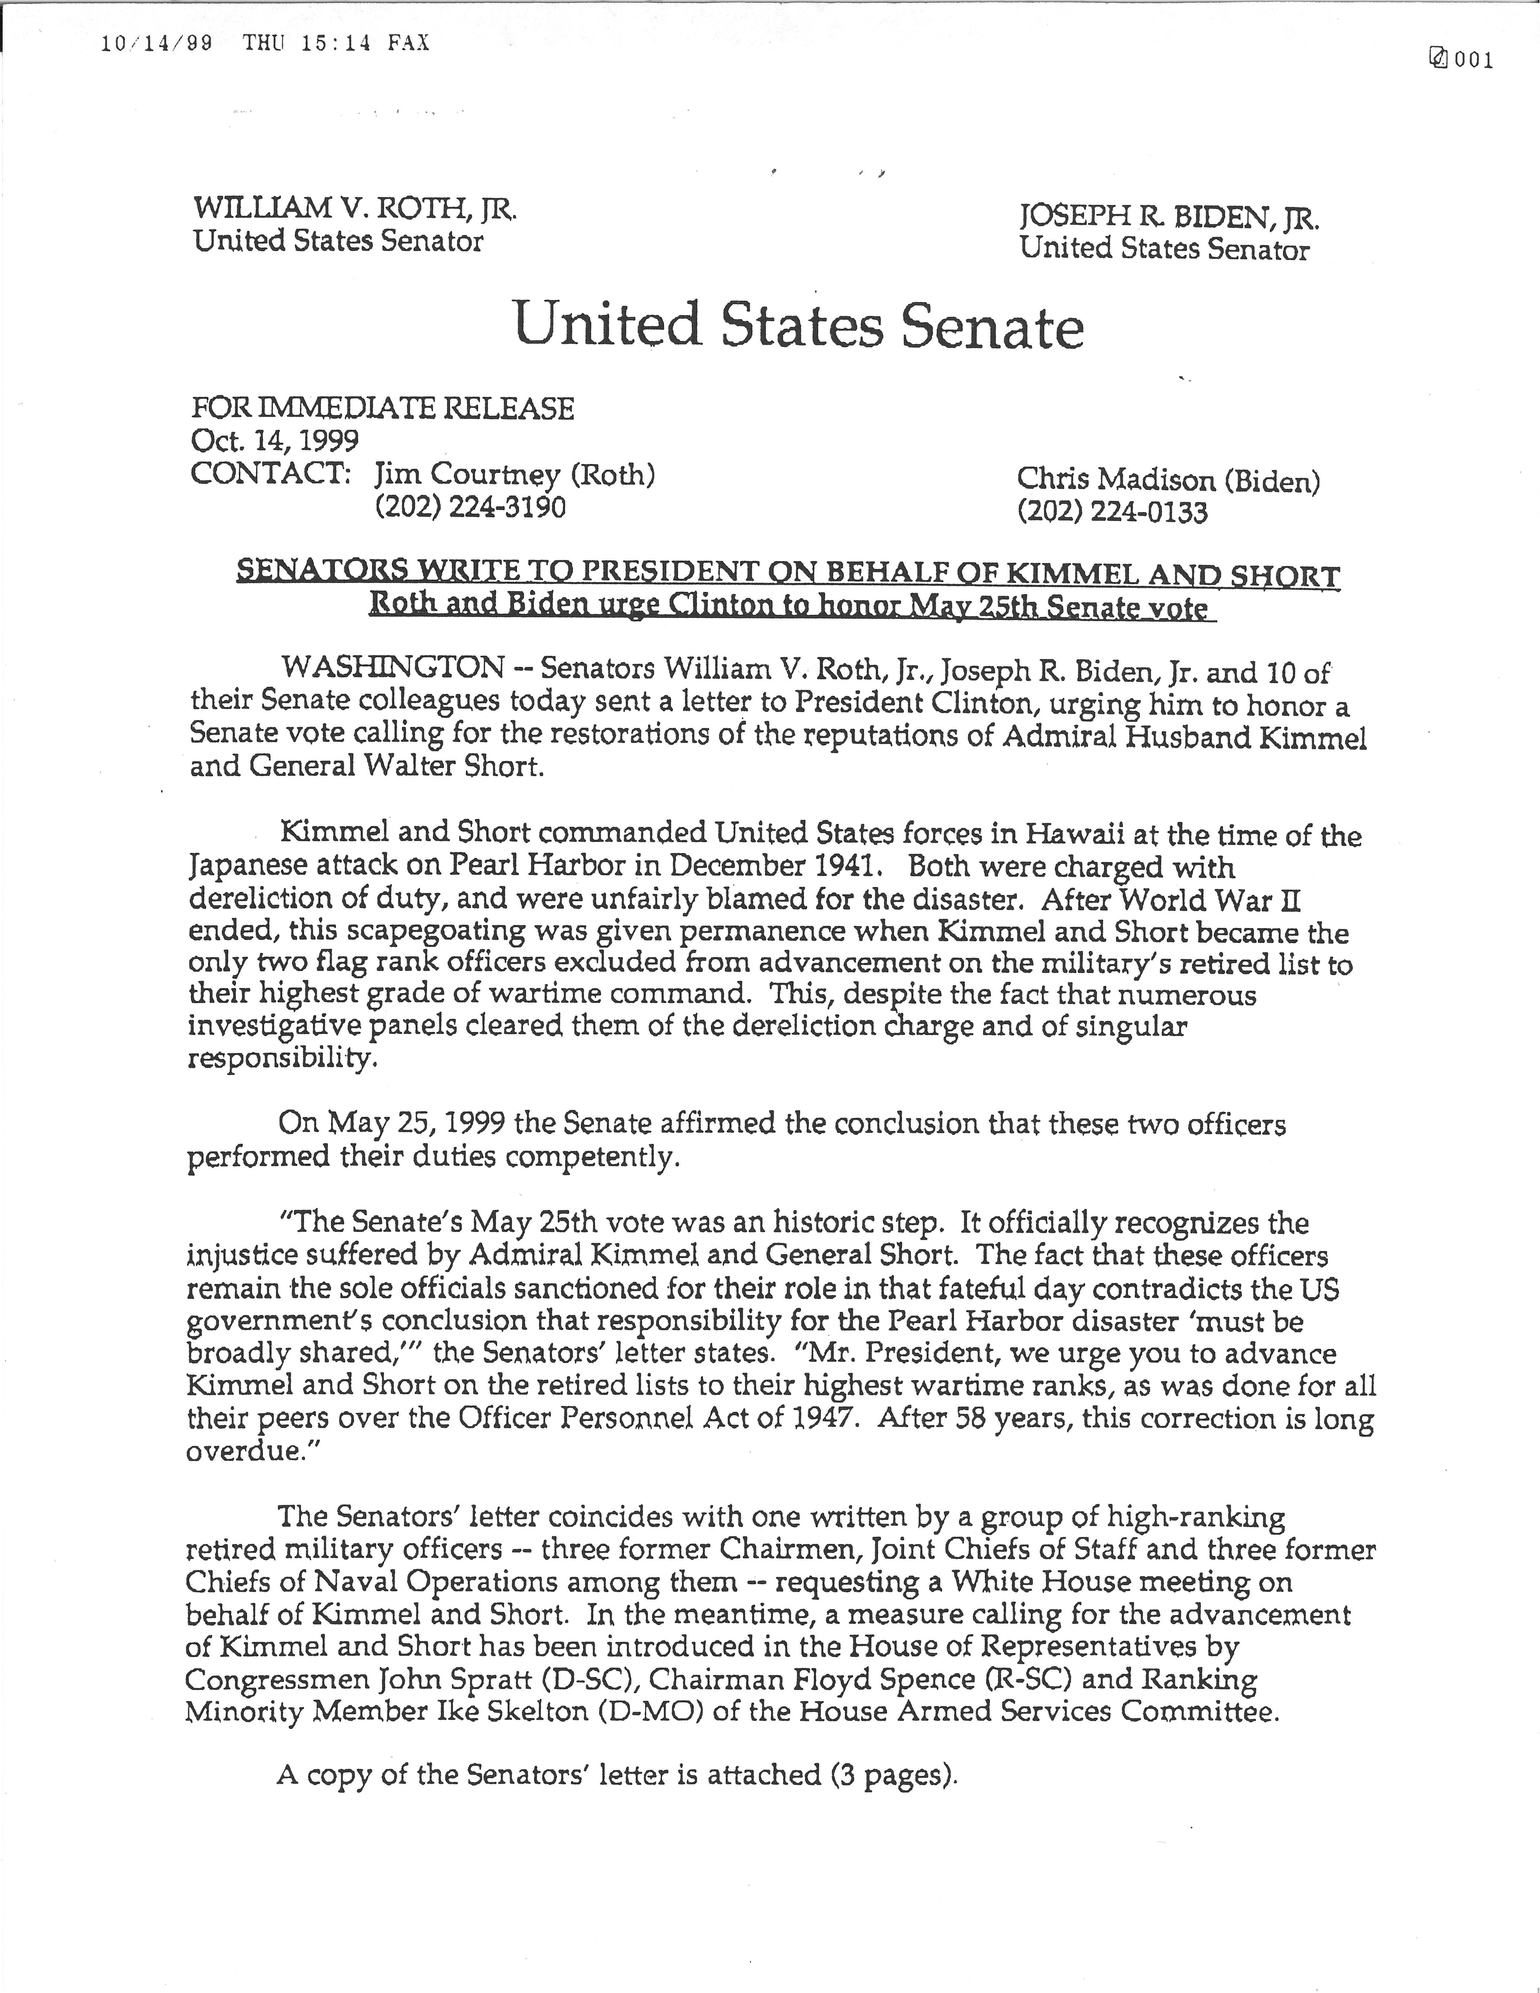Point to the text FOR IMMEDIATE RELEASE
pyautogui.click(x=382, y=408)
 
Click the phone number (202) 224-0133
pyautogui.click(x=1112, y=512)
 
